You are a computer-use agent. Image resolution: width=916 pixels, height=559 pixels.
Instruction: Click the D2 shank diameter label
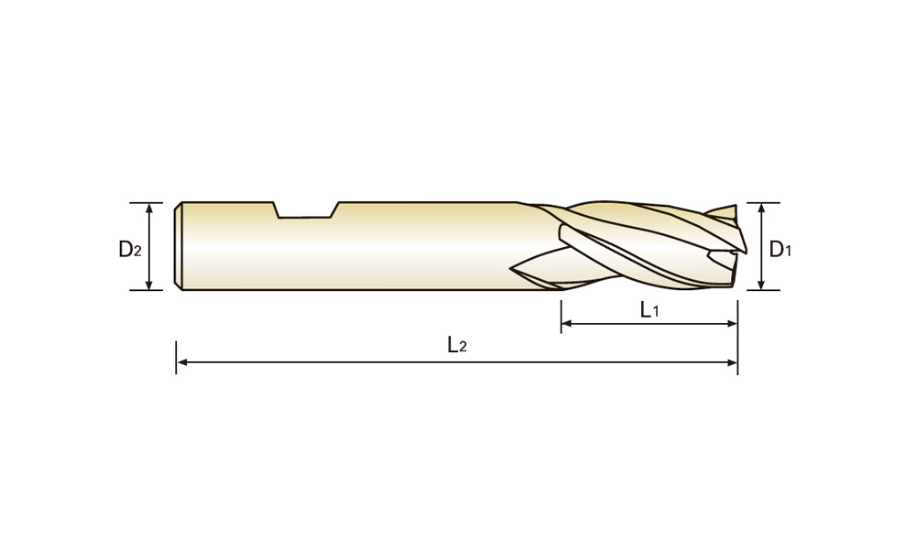pos(130,250)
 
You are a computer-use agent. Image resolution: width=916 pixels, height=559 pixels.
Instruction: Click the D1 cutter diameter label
pos(780,250)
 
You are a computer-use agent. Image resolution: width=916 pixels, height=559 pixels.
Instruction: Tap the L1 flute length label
pos(649,310)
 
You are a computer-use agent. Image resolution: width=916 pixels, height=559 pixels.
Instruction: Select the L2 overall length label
pos(457,345)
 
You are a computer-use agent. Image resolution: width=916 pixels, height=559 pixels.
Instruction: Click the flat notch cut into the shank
pos(306,210)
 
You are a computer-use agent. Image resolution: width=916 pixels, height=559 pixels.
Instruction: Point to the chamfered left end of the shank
pos(179,246)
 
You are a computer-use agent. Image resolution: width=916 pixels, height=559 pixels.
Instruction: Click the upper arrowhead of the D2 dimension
pos(149,208)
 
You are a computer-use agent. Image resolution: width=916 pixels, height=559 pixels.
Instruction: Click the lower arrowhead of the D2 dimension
pos(149,285)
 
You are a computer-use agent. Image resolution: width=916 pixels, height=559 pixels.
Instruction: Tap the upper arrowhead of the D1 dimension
pos(761,209)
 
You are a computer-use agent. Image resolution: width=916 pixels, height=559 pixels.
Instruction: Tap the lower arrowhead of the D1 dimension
pos(761,285)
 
